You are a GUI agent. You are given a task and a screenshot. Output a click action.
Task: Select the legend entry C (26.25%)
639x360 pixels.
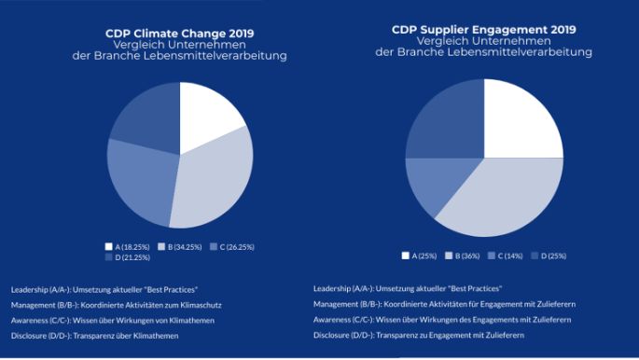pyautogui.click(x=232, y=246)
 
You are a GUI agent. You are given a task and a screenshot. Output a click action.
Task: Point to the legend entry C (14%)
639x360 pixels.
pyautogui.click(x=507, y=255)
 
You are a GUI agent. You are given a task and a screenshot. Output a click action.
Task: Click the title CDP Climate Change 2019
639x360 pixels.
pyautogui.click(x=179, y=34)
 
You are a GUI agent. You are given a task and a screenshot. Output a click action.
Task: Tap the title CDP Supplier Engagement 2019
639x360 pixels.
pyautogui.click(x=483, y=30)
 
